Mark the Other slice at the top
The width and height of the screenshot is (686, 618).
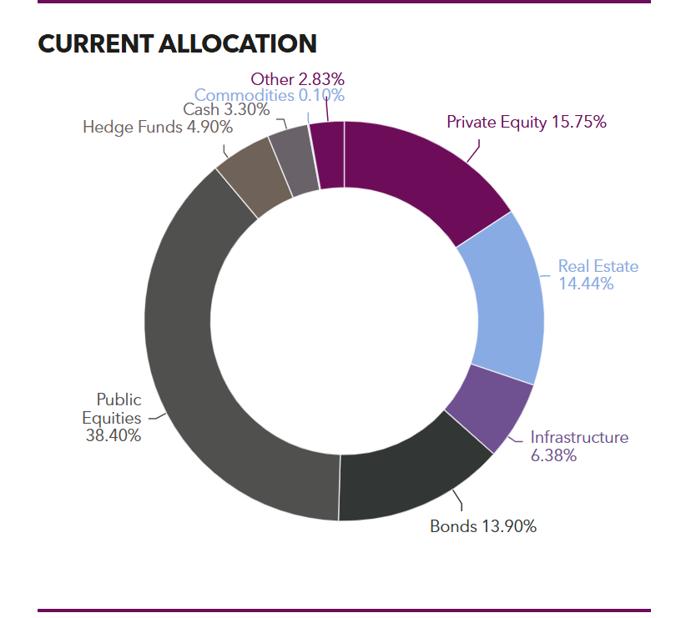[x=328, y=153]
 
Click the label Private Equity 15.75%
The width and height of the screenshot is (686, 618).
[x=526, y=122]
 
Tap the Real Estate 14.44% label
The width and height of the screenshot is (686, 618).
[x=598, y=275]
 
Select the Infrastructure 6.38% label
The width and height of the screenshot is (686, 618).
[x=579, y=446]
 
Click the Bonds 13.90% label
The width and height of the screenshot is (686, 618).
[x=482, y=526]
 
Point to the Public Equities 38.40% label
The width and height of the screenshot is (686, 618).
[x=113, y=417]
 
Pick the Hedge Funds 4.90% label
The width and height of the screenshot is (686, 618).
[x=158, y=127]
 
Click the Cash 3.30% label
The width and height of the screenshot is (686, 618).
[x=226, y=109]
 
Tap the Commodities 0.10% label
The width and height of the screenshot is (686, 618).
[x=270, y=95]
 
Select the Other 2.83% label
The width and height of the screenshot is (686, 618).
[x=297, y=79]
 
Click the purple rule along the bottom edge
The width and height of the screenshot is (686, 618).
[x=344, y=610]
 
